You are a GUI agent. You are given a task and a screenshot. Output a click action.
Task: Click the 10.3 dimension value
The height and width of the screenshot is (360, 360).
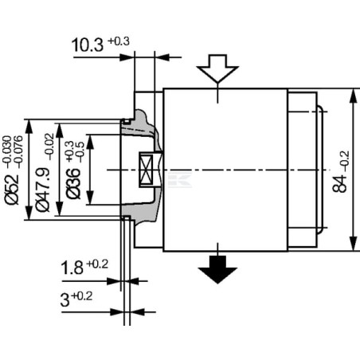(x=88, y=45)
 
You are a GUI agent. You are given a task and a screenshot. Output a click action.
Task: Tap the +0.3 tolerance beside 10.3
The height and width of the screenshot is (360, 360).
(x=119, y=41)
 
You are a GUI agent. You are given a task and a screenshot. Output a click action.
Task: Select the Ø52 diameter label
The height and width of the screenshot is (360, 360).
(x=12, y=190)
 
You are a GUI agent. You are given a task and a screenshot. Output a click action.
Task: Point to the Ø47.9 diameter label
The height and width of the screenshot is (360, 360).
(x=43, y=190)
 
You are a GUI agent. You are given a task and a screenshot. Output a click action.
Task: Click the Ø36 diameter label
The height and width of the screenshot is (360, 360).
(x=73, y=183)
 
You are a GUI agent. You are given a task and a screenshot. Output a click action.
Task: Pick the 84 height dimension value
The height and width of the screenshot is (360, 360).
(x=339, y=183)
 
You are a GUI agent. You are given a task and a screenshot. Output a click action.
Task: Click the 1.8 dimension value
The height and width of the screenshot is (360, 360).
(x=72, y=268)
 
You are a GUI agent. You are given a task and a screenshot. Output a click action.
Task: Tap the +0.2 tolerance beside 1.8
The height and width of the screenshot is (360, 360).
(x=97, y=264)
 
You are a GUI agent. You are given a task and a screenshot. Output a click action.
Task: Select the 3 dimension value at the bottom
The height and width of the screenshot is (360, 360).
(x=65, y=299)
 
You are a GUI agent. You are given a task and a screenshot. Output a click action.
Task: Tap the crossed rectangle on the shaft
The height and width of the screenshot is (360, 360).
(x=146, y=170)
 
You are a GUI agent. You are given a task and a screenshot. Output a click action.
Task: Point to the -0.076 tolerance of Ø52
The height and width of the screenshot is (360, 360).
(x=18, y=152)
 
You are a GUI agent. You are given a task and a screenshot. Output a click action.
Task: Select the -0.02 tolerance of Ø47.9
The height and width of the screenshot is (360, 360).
(x=49, y=147)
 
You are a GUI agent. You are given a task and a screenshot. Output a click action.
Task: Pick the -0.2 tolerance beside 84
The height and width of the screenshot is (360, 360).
(x=345, y=161)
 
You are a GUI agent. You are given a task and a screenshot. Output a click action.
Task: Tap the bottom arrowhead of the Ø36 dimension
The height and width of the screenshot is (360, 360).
(x=91, y=197)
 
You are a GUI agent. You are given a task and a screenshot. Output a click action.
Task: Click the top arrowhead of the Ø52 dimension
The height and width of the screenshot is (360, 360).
(x=29, y=127)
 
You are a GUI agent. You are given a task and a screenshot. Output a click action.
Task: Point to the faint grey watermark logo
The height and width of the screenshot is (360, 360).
(x=180, y=179)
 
